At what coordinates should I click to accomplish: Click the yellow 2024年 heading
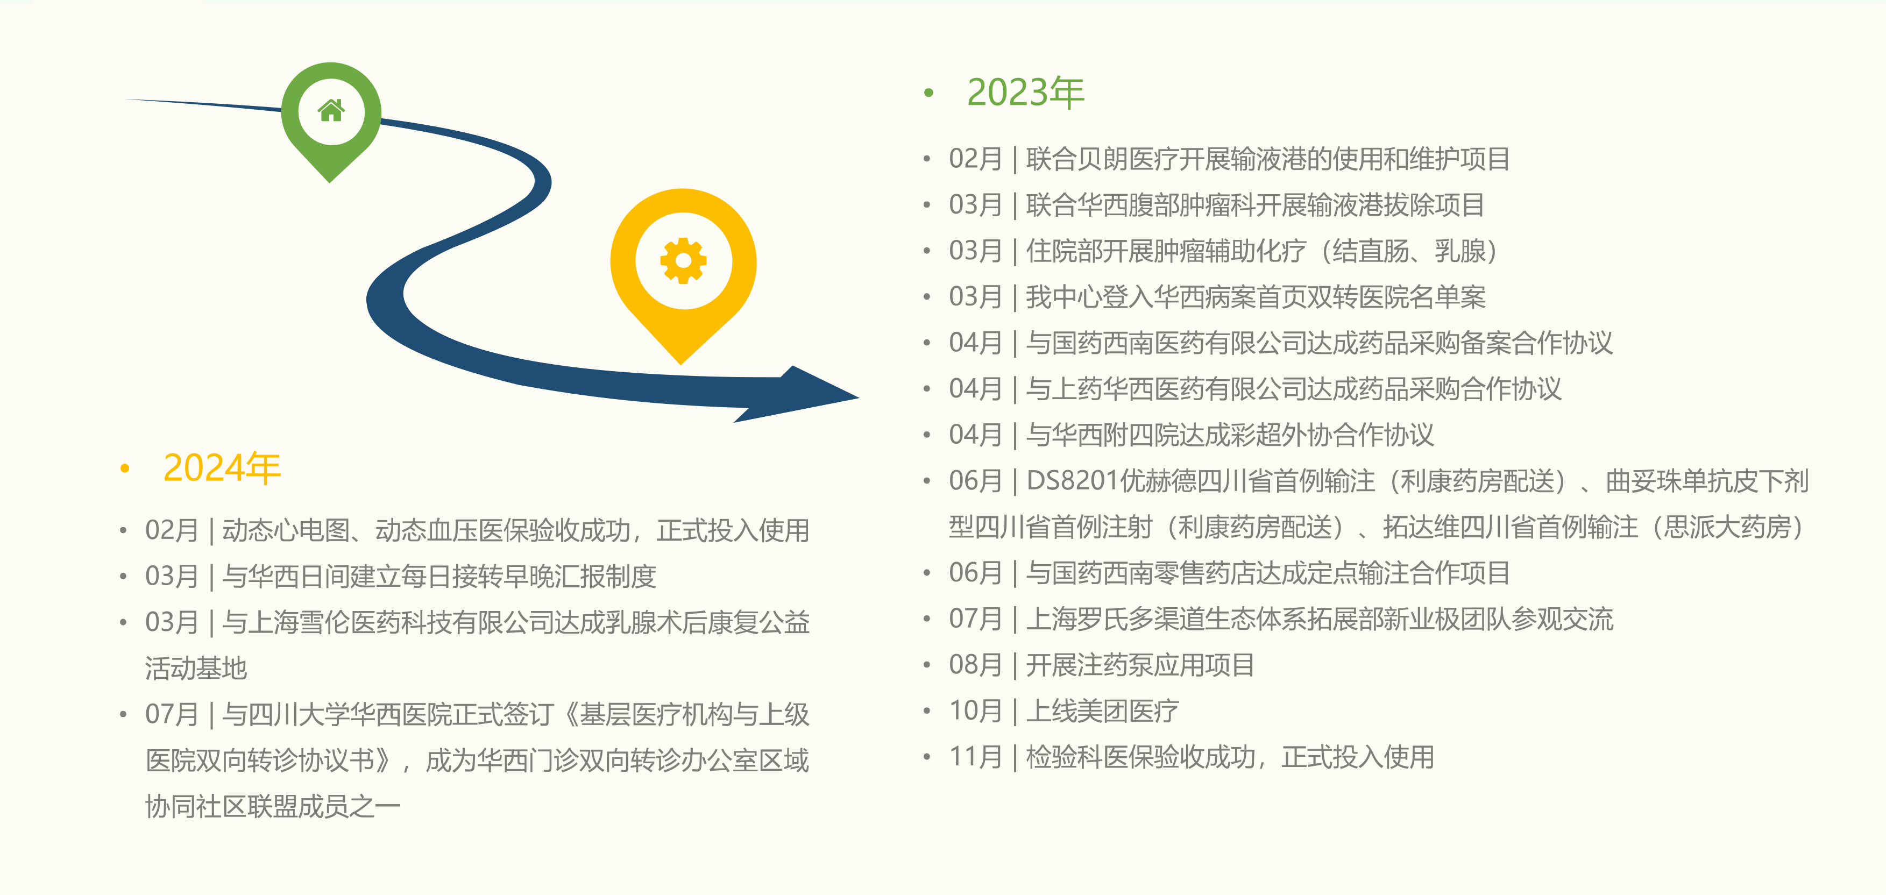pos(222,468)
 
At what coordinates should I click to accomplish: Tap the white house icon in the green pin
pos(331,110)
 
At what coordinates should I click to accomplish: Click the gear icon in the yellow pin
pos(683,260)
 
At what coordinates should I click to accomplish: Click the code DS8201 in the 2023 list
pos(1073,481)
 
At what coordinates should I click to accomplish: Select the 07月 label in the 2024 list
pos(171,714)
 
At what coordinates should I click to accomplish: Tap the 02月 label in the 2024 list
pos(171,530)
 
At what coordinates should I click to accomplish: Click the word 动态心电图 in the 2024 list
pos(286,530)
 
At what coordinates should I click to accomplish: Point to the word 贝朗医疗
pos(1128,159)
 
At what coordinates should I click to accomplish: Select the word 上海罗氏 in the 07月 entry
pos(1077,619)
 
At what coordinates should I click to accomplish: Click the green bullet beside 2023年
pos(929,93)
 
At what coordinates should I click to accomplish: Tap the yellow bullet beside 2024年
pos(125,468)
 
